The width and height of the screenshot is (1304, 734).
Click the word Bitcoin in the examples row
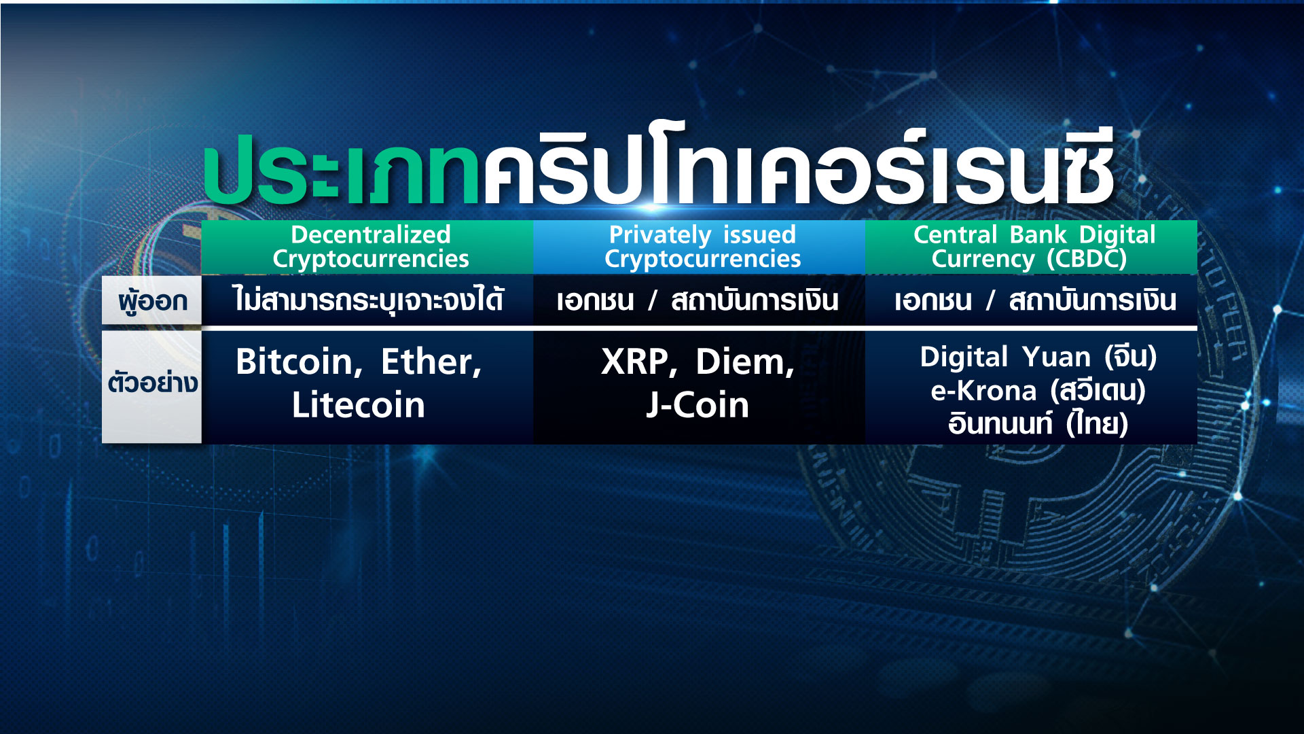[x=295, y=362]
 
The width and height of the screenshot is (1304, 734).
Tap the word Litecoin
[x=359, y=405]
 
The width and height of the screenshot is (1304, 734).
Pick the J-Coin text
[x=698, y=405]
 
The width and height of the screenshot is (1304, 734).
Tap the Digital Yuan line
[x=1038, y=357]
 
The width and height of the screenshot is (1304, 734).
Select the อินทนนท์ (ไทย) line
[x=1038, y=423]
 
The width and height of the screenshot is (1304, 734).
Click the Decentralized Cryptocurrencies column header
[x=371, y=247]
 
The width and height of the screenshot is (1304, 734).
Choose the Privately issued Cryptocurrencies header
[x=702, y=247]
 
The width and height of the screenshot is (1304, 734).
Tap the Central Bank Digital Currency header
[x=1034, y=247]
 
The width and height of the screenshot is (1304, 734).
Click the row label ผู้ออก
[x=152, y=300]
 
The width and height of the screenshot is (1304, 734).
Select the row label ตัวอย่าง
[x=152, y=383]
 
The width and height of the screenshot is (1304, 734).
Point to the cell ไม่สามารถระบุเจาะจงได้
[x=368, y=300]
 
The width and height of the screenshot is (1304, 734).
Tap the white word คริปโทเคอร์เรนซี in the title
[x=799, y=165]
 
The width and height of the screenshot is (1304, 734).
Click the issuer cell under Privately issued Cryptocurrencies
[x=698, y=300]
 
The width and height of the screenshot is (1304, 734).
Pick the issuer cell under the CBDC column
[x=1035, y=300]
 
